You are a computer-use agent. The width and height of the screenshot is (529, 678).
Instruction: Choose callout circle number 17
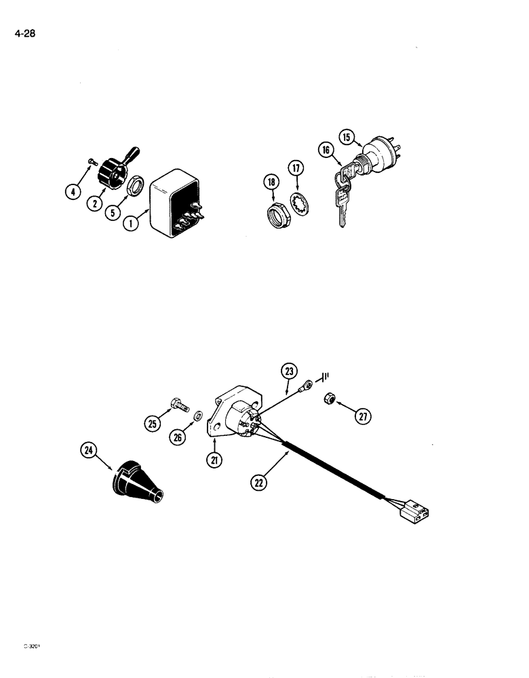click(296, 169)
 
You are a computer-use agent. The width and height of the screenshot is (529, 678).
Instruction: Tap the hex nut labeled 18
click(277, 216)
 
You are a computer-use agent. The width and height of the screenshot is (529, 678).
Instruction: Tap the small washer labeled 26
click(197, 415)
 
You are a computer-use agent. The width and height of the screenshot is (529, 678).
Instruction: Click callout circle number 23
click(290, 371)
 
